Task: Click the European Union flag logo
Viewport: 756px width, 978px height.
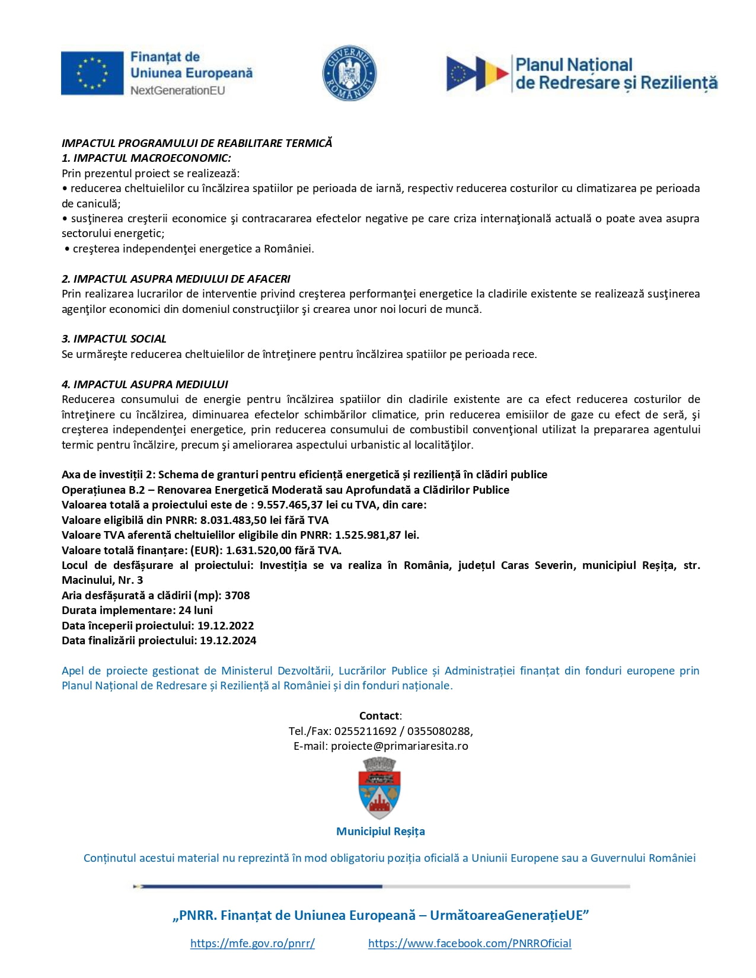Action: pyautogui.click(x=92, y=73)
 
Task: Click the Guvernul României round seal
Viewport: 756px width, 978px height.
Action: pyautogui.click(x=349, y=73)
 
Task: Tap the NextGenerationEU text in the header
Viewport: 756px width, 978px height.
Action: pyautogui.click(x=177, y=91)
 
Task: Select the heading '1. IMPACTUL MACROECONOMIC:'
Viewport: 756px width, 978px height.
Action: pyautogui.click(x=146, y=158)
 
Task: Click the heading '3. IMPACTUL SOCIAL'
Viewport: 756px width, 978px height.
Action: pyautogui.click(x=114, y=339)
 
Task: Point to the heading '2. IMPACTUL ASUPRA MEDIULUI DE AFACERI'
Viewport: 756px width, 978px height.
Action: pyautogui.click(x=176, y=279)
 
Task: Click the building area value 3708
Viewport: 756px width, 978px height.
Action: pyautogui.click(x=237, y=595)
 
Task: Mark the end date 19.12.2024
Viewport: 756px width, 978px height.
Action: pyautogui.click(x=228, y=640)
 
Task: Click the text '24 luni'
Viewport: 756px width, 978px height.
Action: pyautogui.click(x=195, y=611)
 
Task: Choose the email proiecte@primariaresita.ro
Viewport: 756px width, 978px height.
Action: pyautogui.click(x=399, y=746)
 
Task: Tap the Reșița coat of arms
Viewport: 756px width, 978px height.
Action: pyautogui.click(x=379, y=788)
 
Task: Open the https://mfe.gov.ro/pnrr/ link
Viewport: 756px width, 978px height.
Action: pyautogui.click(x=252, y=944)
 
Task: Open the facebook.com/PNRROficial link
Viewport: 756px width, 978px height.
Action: pyautogui.click(x=470, y=944)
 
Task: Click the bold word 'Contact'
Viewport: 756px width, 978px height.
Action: pyautogui.click(x=379, y=716)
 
